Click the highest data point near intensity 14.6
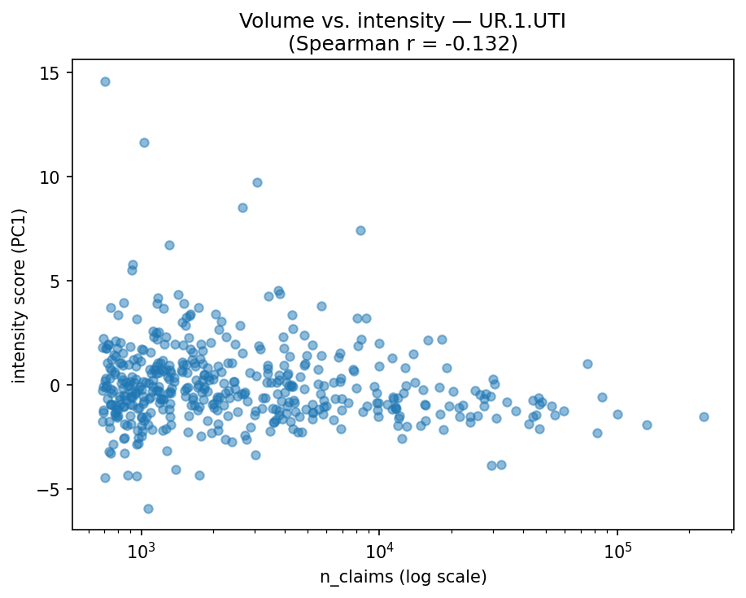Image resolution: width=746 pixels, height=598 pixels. (x=105, y=81)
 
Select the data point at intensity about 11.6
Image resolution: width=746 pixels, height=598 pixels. (x=144, y=142)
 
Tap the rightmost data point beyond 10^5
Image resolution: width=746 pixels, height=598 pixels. (x=704, y=417)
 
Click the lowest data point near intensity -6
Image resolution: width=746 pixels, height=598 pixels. (x=148, y=509)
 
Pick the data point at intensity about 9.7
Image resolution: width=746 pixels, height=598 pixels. (x=257, y=182)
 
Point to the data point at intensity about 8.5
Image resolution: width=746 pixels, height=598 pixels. (x=242, y=207)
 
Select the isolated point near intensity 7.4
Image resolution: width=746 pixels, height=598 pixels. (x=360, y=230)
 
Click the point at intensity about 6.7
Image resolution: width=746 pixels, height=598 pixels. (x=169, y=245)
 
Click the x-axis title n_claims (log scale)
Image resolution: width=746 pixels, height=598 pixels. (x=403, y=577)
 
